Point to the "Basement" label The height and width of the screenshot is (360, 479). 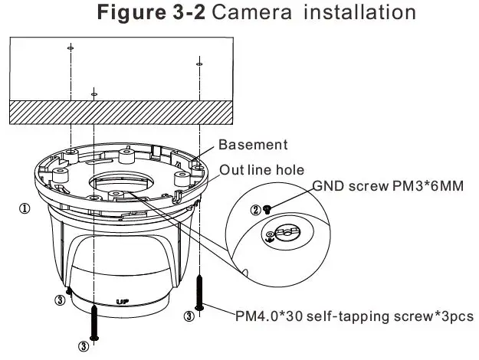[254, 145]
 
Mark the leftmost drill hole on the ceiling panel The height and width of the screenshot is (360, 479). [70, 47]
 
